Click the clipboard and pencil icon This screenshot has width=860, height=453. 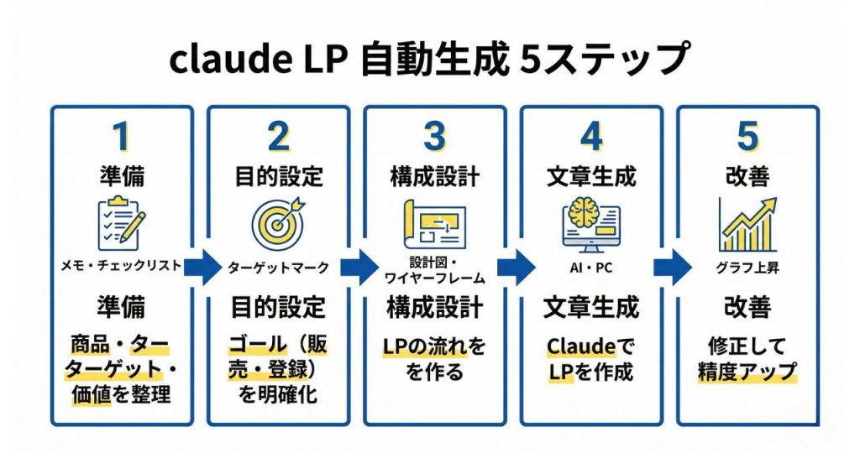[120, 220]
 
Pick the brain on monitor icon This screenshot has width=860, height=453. [591, 220]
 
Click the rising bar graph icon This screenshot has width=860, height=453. [747, 222]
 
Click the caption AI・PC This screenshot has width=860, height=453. [591, 268]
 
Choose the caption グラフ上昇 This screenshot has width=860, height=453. [747, 268]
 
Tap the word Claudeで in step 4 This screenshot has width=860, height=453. [591, 346]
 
